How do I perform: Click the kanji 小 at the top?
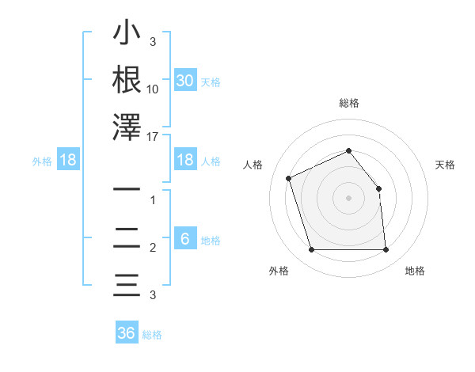click(127, 35)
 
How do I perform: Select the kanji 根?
click(127, 80)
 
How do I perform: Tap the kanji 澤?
click(127, 127)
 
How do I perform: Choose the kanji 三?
click(127, 284)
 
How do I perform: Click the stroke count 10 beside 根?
click(153, 89)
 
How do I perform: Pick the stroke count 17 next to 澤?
click(153, 136)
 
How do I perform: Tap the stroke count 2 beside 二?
click(153, 248)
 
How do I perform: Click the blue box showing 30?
click(185, 81)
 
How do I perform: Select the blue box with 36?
click(127, 333)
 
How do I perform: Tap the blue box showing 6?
click(185, 239)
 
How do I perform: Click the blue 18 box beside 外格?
click(68, 160)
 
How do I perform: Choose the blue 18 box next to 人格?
click(185, 160)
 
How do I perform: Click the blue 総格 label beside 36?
click(152, 335)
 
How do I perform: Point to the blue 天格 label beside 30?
click(211, 82)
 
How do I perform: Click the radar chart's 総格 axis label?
click(348, 103)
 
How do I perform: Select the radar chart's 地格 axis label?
click(415, 271)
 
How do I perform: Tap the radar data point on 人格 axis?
click(289, 177)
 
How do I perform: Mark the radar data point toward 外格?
click(311, 250)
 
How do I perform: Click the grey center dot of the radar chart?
click(348, 198)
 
